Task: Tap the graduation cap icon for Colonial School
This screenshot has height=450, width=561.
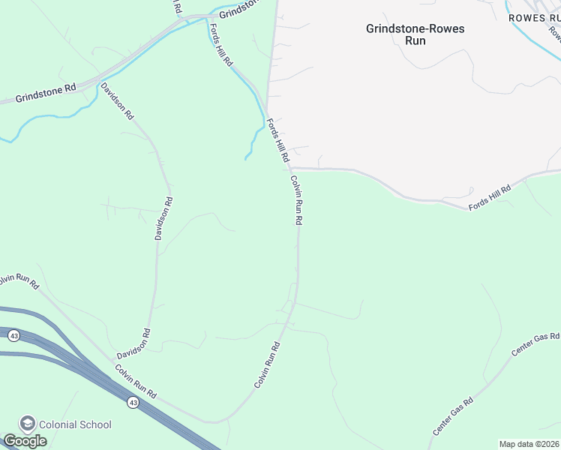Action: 28,424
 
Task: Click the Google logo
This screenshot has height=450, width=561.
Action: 25,441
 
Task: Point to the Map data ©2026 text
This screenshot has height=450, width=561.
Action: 529,444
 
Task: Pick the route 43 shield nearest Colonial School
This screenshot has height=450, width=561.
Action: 133,403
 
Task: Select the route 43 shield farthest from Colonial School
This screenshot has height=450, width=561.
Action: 14,335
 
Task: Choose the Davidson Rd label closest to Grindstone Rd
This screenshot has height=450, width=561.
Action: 117,101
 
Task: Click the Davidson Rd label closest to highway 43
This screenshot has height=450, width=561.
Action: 134,343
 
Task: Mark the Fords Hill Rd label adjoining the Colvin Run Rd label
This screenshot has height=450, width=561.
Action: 277,140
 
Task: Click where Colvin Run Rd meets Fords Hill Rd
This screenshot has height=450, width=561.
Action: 291,168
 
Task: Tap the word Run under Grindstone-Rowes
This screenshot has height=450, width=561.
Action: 415,41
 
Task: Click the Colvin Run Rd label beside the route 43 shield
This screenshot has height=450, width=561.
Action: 136,381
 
